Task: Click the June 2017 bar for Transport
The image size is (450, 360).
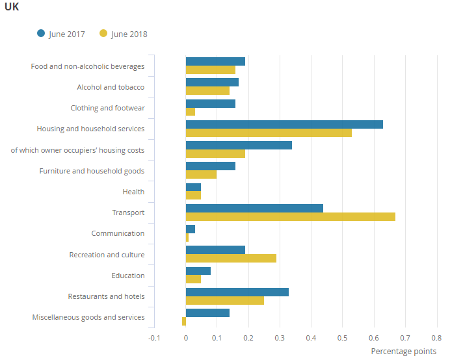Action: pos(254,208)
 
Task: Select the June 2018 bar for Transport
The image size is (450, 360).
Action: pos(290,216)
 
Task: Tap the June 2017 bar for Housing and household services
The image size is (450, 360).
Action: pos(284,124)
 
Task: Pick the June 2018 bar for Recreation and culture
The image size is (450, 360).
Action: pos(231,259)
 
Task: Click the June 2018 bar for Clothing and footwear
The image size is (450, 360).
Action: pos(191,112)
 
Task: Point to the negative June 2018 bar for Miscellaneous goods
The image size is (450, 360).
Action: pos(184,321)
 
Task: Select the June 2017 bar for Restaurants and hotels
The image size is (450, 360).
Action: pos(237,292)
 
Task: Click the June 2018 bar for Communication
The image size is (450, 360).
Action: pos(187,238)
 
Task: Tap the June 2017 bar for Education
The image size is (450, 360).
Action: pos(198,271)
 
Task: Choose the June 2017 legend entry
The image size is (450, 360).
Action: pos(61,34)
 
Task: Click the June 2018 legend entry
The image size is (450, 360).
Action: pos(124,34)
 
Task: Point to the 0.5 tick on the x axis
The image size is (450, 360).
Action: pos(342,338)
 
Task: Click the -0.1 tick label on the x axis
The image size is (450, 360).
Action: pos(154,338)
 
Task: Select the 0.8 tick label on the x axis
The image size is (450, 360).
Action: pos(436,338)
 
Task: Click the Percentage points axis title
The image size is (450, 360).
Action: pos(403,352)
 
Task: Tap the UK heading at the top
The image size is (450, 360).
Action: pos(12,8)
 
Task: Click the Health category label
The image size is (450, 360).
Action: pos(133,192)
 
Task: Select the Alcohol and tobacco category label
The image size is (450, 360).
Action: pos(111,87)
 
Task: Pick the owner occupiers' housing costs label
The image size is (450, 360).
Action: pos(77,150)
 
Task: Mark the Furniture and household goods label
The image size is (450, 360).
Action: pos(92,171)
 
